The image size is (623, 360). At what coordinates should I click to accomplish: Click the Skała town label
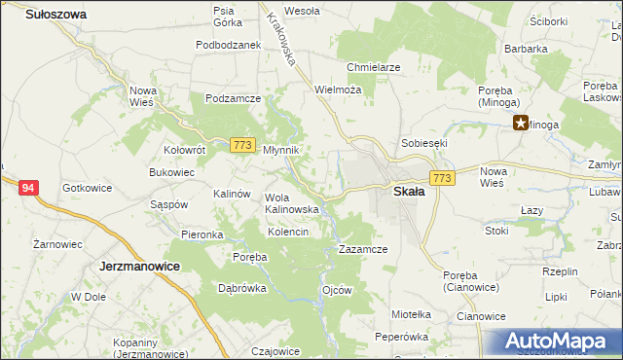pos(408,192)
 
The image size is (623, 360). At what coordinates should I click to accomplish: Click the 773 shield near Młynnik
pos(243,146)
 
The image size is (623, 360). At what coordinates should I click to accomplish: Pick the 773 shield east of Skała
pos(443,178)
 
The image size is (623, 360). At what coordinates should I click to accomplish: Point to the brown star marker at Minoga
pos(521,123)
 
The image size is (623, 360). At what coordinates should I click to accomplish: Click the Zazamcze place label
pos(363,249)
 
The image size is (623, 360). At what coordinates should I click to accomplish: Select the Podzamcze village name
pos(232,98)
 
